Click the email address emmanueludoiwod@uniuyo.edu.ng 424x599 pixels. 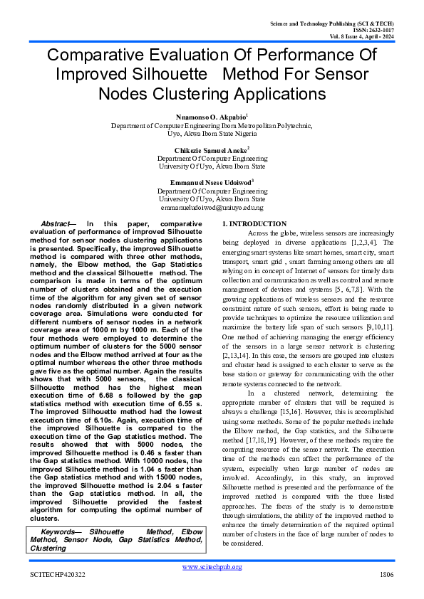click(x=212, y=207)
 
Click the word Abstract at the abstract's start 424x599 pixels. click(x=54, y=224)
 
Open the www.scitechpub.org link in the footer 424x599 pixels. click(x=212, y=566)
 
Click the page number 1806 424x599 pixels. click(x=387, y=574)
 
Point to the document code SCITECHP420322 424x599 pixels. click(x=57, y=574)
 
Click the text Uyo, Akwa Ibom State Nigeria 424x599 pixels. click(x=212, y=133)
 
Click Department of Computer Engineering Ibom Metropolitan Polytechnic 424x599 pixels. click(x=212, y=125)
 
